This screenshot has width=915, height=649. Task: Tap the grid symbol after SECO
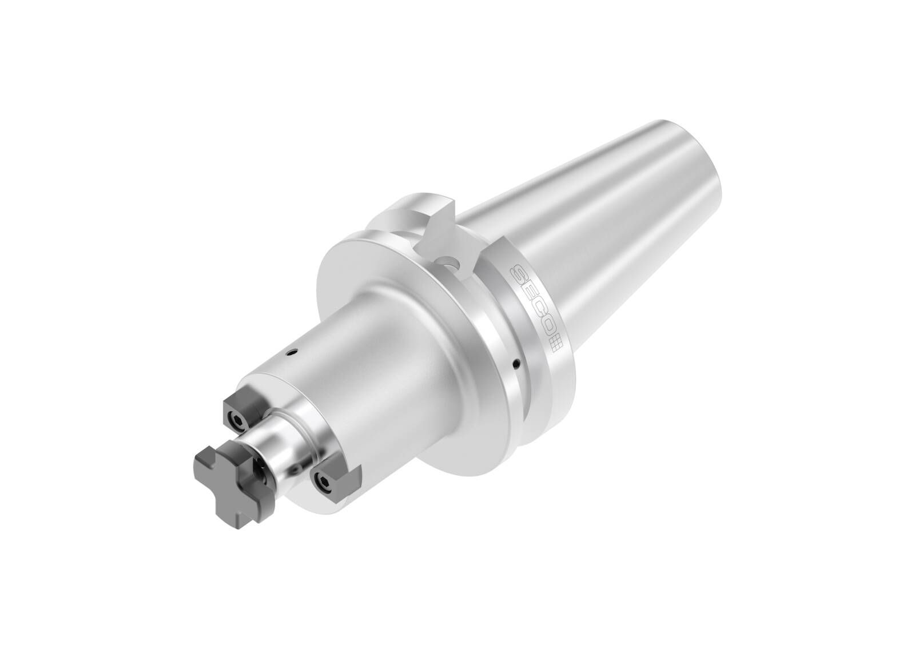[556, 345]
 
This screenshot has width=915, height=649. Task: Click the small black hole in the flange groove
[516, 362]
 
